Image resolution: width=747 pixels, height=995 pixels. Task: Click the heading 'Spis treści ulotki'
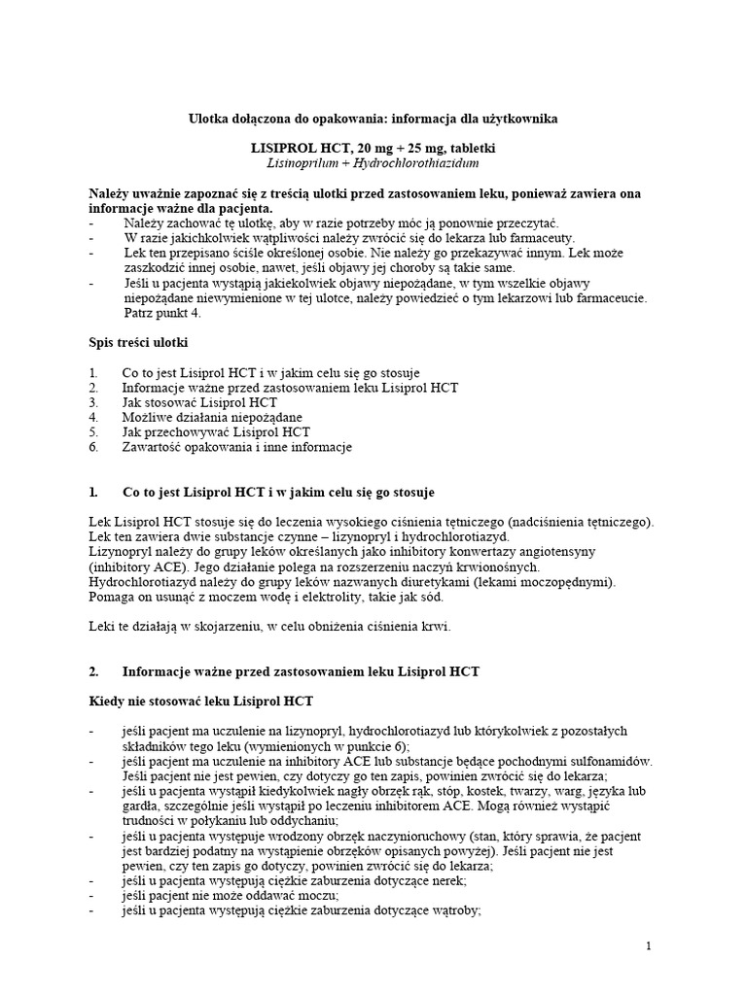click(x=140, y=343)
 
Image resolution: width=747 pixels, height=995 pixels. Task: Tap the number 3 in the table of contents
click(x=92, y=401)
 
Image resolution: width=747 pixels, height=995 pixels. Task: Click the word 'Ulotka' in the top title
click(x=209, y=118)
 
